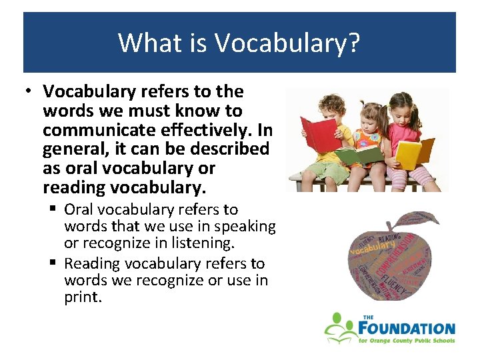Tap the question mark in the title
pos(353,43)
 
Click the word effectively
pos(201,129)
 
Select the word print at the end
pos(83,297)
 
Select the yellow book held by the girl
pos(412,153)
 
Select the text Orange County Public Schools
pos(413,341)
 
